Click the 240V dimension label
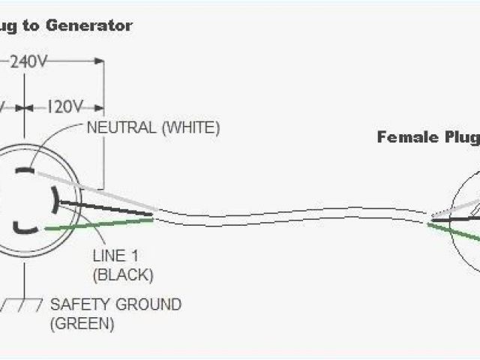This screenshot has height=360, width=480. pyautogui.click(x=30, y=63)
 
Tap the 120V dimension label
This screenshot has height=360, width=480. pyautogui.click(x=66, y=106)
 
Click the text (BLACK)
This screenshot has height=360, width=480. pyautogui.click(x=123, y=275)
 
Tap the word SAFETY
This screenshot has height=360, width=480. pyautogui.click(x=75, y=305)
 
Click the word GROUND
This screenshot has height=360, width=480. pyautogui.click(x=143, y=305)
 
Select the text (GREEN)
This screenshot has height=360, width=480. pyautogui.click(x=82, y=324)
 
